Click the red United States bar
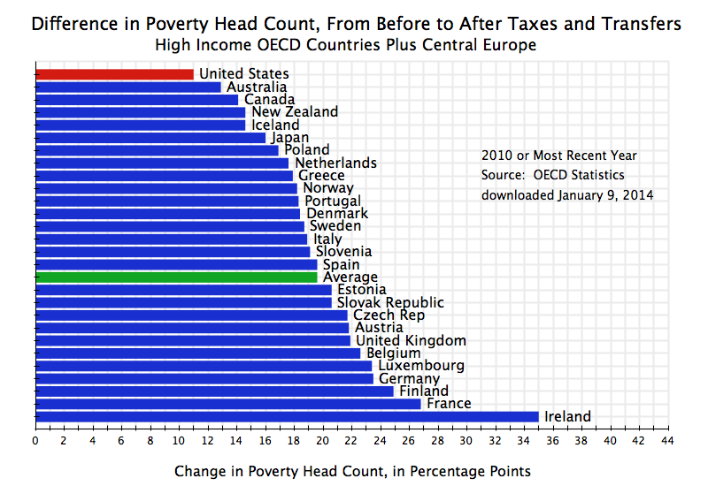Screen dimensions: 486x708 pyautogui.click(x=114, y=74)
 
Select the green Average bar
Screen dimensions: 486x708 pyautogui.click(x=176, y=277)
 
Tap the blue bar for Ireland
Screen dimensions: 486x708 pyautogui.click(x=287, y=416)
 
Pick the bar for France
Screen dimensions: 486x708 pyautogui.click(x=227, y=404)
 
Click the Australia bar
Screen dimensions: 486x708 pyautogui.click(x=127, y=87)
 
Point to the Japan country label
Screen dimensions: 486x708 pyautogui.click(x=289, y=138)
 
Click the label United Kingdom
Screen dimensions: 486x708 pyautogui.click(x=411, y=340)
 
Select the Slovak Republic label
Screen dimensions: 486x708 pyautogui.click(x=390, y=302)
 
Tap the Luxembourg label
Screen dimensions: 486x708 pyautogui.click(x=420, y=366)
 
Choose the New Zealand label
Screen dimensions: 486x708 pyautogui.click(x=295, y=112)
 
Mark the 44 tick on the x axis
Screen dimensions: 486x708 pyautogui.click(x=666, y=439)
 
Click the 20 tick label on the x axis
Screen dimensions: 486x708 pyautogui.click(x=322, y=439)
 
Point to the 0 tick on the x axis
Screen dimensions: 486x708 pyautogui.click(x=35, y=439)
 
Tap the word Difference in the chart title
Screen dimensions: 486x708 pyautogui.click(x=71, y=24)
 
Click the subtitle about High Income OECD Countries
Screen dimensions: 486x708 pyautogui.click(x=345, y=44)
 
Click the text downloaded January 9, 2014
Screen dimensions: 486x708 pyautogui.click(x=567, y=194)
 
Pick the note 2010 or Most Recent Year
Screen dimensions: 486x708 pyautogui.click(x=558, y=156)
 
